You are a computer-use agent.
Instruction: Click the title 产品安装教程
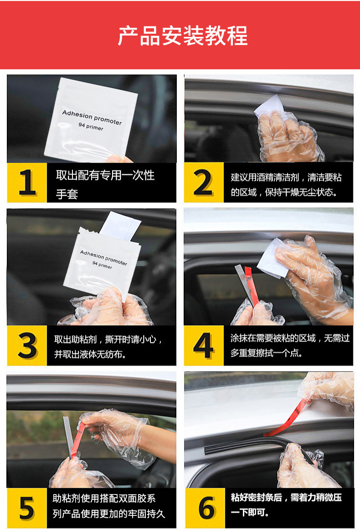182,36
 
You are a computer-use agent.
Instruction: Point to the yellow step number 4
203,346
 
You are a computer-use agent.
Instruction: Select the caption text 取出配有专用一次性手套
105,184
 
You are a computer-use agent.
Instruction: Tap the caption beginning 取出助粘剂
108,347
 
